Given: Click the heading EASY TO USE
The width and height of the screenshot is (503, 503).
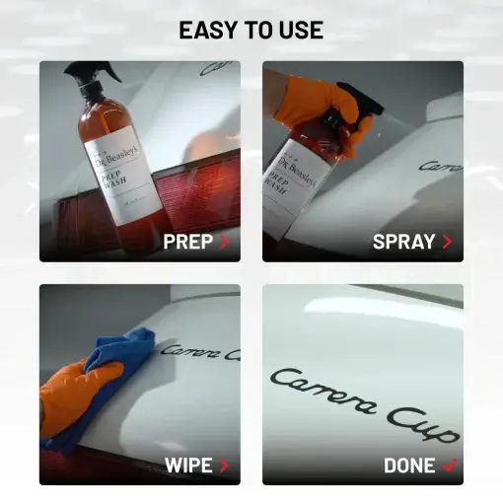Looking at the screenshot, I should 251,30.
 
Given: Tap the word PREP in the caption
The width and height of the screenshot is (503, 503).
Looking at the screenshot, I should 188,242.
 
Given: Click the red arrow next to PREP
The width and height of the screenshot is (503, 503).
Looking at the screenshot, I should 225,242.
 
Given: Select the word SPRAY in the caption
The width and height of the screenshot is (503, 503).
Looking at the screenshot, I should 404,242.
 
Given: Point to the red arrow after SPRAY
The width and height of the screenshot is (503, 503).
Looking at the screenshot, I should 448,242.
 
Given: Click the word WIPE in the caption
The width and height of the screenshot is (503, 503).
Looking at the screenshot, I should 188,465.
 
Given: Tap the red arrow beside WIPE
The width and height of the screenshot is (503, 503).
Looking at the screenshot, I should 225,465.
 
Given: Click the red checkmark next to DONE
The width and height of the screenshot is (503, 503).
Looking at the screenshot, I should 450,465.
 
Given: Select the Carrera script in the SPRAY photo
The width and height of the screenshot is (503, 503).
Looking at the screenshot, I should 440,167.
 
